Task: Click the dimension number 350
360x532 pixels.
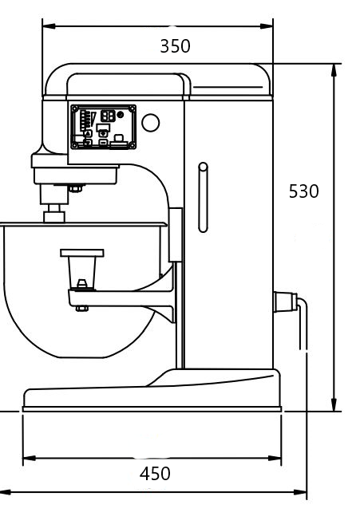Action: [175, 46]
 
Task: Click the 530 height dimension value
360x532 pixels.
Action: [303, 191]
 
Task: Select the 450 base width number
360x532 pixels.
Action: [155, 474]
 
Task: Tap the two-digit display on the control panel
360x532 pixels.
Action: [107, 115]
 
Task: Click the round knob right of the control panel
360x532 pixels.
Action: [149, 123]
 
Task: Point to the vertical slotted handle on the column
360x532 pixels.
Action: [203, 197]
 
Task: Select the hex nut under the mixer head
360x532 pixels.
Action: [74, 188]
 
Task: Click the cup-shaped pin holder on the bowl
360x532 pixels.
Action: [81, 263]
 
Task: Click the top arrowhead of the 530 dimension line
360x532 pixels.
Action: [334, 69]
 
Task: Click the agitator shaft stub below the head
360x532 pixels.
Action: [54, 214]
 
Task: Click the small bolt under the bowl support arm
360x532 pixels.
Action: [81, 307]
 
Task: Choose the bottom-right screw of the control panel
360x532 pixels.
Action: [131, 144]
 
